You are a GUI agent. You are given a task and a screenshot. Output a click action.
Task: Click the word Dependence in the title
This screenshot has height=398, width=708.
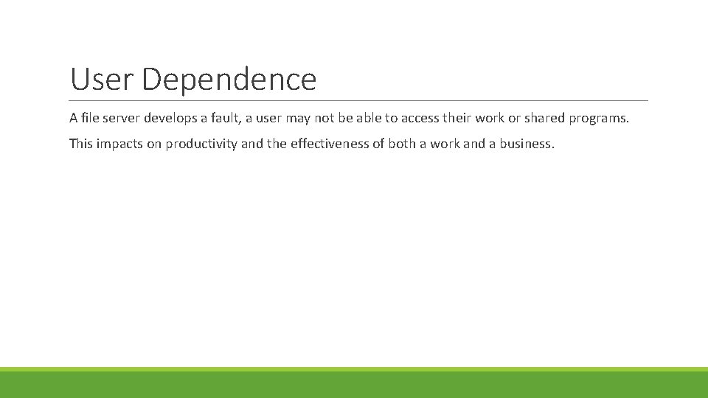(229, 80)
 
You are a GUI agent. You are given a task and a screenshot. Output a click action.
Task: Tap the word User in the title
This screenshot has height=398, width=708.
(102, 80)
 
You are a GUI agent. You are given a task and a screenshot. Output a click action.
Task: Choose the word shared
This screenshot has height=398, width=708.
(544, 118)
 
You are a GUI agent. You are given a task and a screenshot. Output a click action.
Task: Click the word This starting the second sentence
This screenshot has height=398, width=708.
(81, 144)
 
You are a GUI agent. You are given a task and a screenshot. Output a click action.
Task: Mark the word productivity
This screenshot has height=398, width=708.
(201, 144)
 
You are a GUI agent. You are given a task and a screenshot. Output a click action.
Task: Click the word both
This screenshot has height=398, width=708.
(402, 144)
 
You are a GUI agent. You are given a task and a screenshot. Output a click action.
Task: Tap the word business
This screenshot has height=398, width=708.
(526, 144)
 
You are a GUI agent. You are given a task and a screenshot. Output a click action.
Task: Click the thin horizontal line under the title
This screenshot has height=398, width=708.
(359, 100)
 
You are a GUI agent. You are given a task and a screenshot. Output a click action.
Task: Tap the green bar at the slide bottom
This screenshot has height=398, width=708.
(354, 383)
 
